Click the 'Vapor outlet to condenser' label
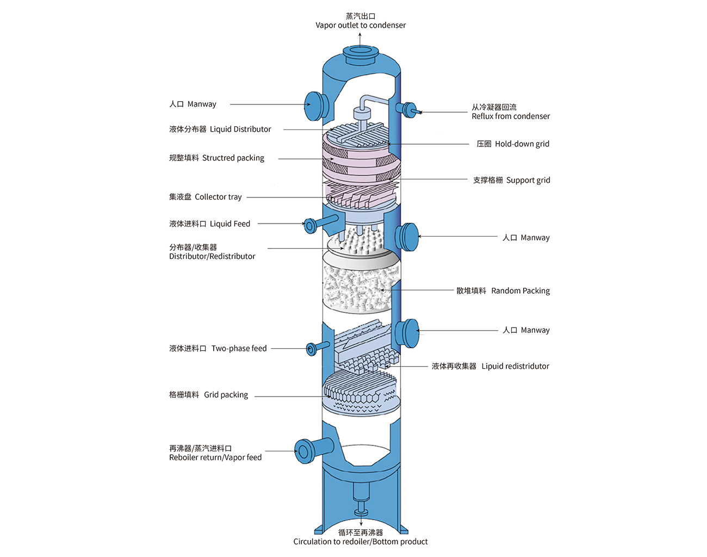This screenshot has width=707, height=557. pyautogui.click(x=361, y=25)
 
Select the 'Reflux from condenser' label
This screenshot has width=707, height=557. pyautogui.click(x=511, y=116)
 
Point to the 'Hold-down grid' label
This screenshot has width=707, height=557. pyautogui.click(x=513, y=144)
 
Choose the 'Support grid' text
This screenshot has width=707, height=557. pyautogui.click(x=511, y=180)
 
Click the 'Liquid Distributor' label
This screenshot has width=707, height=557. pyautogui.click(x=220, y=129)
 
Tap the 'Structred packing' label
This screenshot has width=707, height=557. pyautogui.click(x=216, y=158)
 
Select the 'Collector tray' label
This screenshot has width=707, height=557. pyautogui.click(x=205, y=197)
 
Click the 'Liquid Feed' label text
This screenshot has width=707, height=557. pyautogui.click(x=209, y=224)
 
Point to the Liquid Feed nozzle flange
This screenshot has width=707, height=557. pyautogui.click(x=310, y=225)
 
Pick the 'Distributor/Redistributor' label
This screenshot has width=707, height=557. pyautogui.click(x=212, y=256)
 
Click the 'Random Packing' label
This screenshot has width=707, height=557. pyautogui.click(x=503, y=291)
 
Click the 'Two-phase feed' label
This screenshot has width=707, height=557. pyautogui.click(x=218, y=349)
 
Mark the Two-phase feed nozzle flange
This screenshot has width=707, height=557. pyautogui.click(x=312, y=349)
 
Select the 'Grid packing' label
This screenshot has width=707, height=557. pyautogui.click(x=208, y=395)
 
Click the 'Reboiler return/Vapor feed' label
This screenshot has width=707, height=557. pyautogui.click(x=215, y=457)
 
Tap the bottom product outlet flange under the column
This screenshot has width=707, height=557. pyautogui.click(x=361, y=512)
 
